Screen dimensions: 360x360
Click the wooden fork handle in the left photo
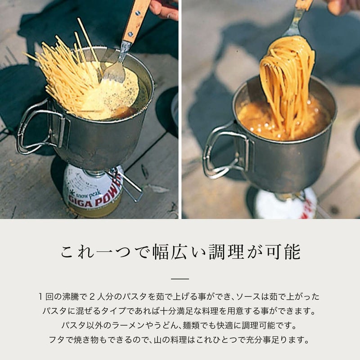click(x=135, y=21)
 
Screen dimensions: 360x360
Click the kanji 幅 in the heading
click(x=162, y=252)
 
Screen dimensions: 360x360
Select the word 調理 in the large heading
click(x=227, y=252)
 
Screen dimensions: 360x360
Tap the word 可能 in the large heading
click(x=283, y=252)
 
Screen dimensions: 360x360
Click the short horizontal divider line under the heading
click(x=180, y=279)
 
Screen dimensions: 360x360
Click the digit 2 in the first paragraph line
click(x=92, y=297)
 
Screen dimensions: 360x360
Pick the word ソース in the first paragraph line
click(x=249, y=297)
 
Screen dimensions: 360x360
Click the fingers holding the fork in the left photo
click(x=164, y=9)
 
